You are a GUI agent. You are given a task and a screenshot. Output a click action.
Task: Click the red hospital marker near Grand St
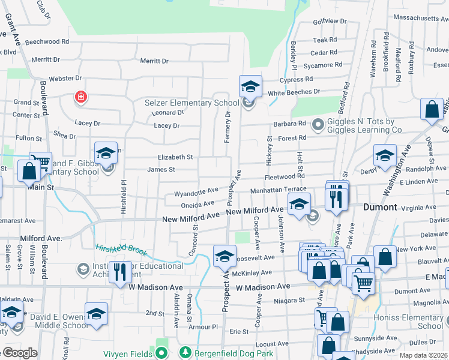point(80,97)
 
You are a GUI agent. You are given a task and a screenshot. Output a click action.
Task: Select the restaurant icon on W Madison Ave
point(121,271)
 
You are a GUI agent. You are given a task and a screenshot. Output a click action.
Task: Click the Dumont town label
point(380,207)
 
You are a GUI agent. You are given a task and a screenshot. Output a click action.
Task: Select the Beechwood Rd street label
point(47,42)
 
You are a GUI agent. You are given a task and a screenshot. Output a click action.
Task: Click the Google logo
point(19,353)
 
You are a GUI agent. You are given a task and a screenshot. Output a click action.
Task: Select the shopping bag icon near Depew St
point(432,110)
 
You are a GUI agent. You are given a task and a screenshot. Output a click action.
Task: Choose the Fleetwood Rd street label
point(285,176)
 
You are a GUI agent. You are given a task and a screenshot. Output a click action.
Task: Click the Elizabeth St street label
point(175,157)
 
